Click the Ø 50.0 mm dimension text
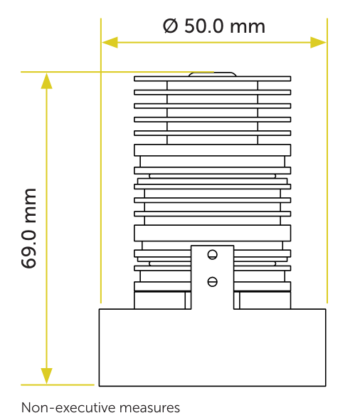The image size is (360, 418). tap(214, 26)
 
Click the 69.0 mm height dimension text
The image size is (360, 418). tap(28, 228)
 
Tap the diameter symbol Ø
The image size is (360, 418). tap(171, 26)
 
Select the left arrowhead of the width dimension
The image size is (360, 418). tap(110, 43)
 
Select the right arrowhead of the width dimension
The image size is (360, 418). tap(318, 43)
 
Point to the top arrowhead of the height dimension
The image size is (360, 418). tap(46, 80)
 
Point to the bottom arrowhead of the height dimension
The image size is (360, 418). tap(46, 376)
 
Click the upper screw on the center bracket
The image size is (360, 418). tap(212, 255)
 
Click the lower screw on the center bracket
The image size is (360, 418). tap(212, 282)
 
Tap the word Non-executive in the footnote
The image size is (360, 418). tap(68, 407)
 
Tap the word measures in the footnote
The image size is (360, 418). tap(149, 408)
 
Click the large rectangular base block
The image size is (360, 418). tap(212, 348)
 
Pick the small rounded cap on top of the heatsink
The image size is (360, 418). tap(212, 74)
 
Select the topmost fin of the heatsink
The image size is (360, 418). tap(212, 78)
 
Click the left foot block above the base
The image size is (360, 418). tap(159, 301)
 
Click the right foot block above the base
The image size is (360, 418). tap(265, 301)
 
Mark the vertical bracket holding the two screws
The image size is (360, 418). tap(212, 277)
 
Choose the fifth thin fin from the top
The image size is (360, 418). tap(212, 133)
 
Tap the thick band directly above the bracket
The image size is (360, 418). tap(212, 233)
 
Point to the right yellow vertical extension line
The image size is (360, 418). tap(327, 161)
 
